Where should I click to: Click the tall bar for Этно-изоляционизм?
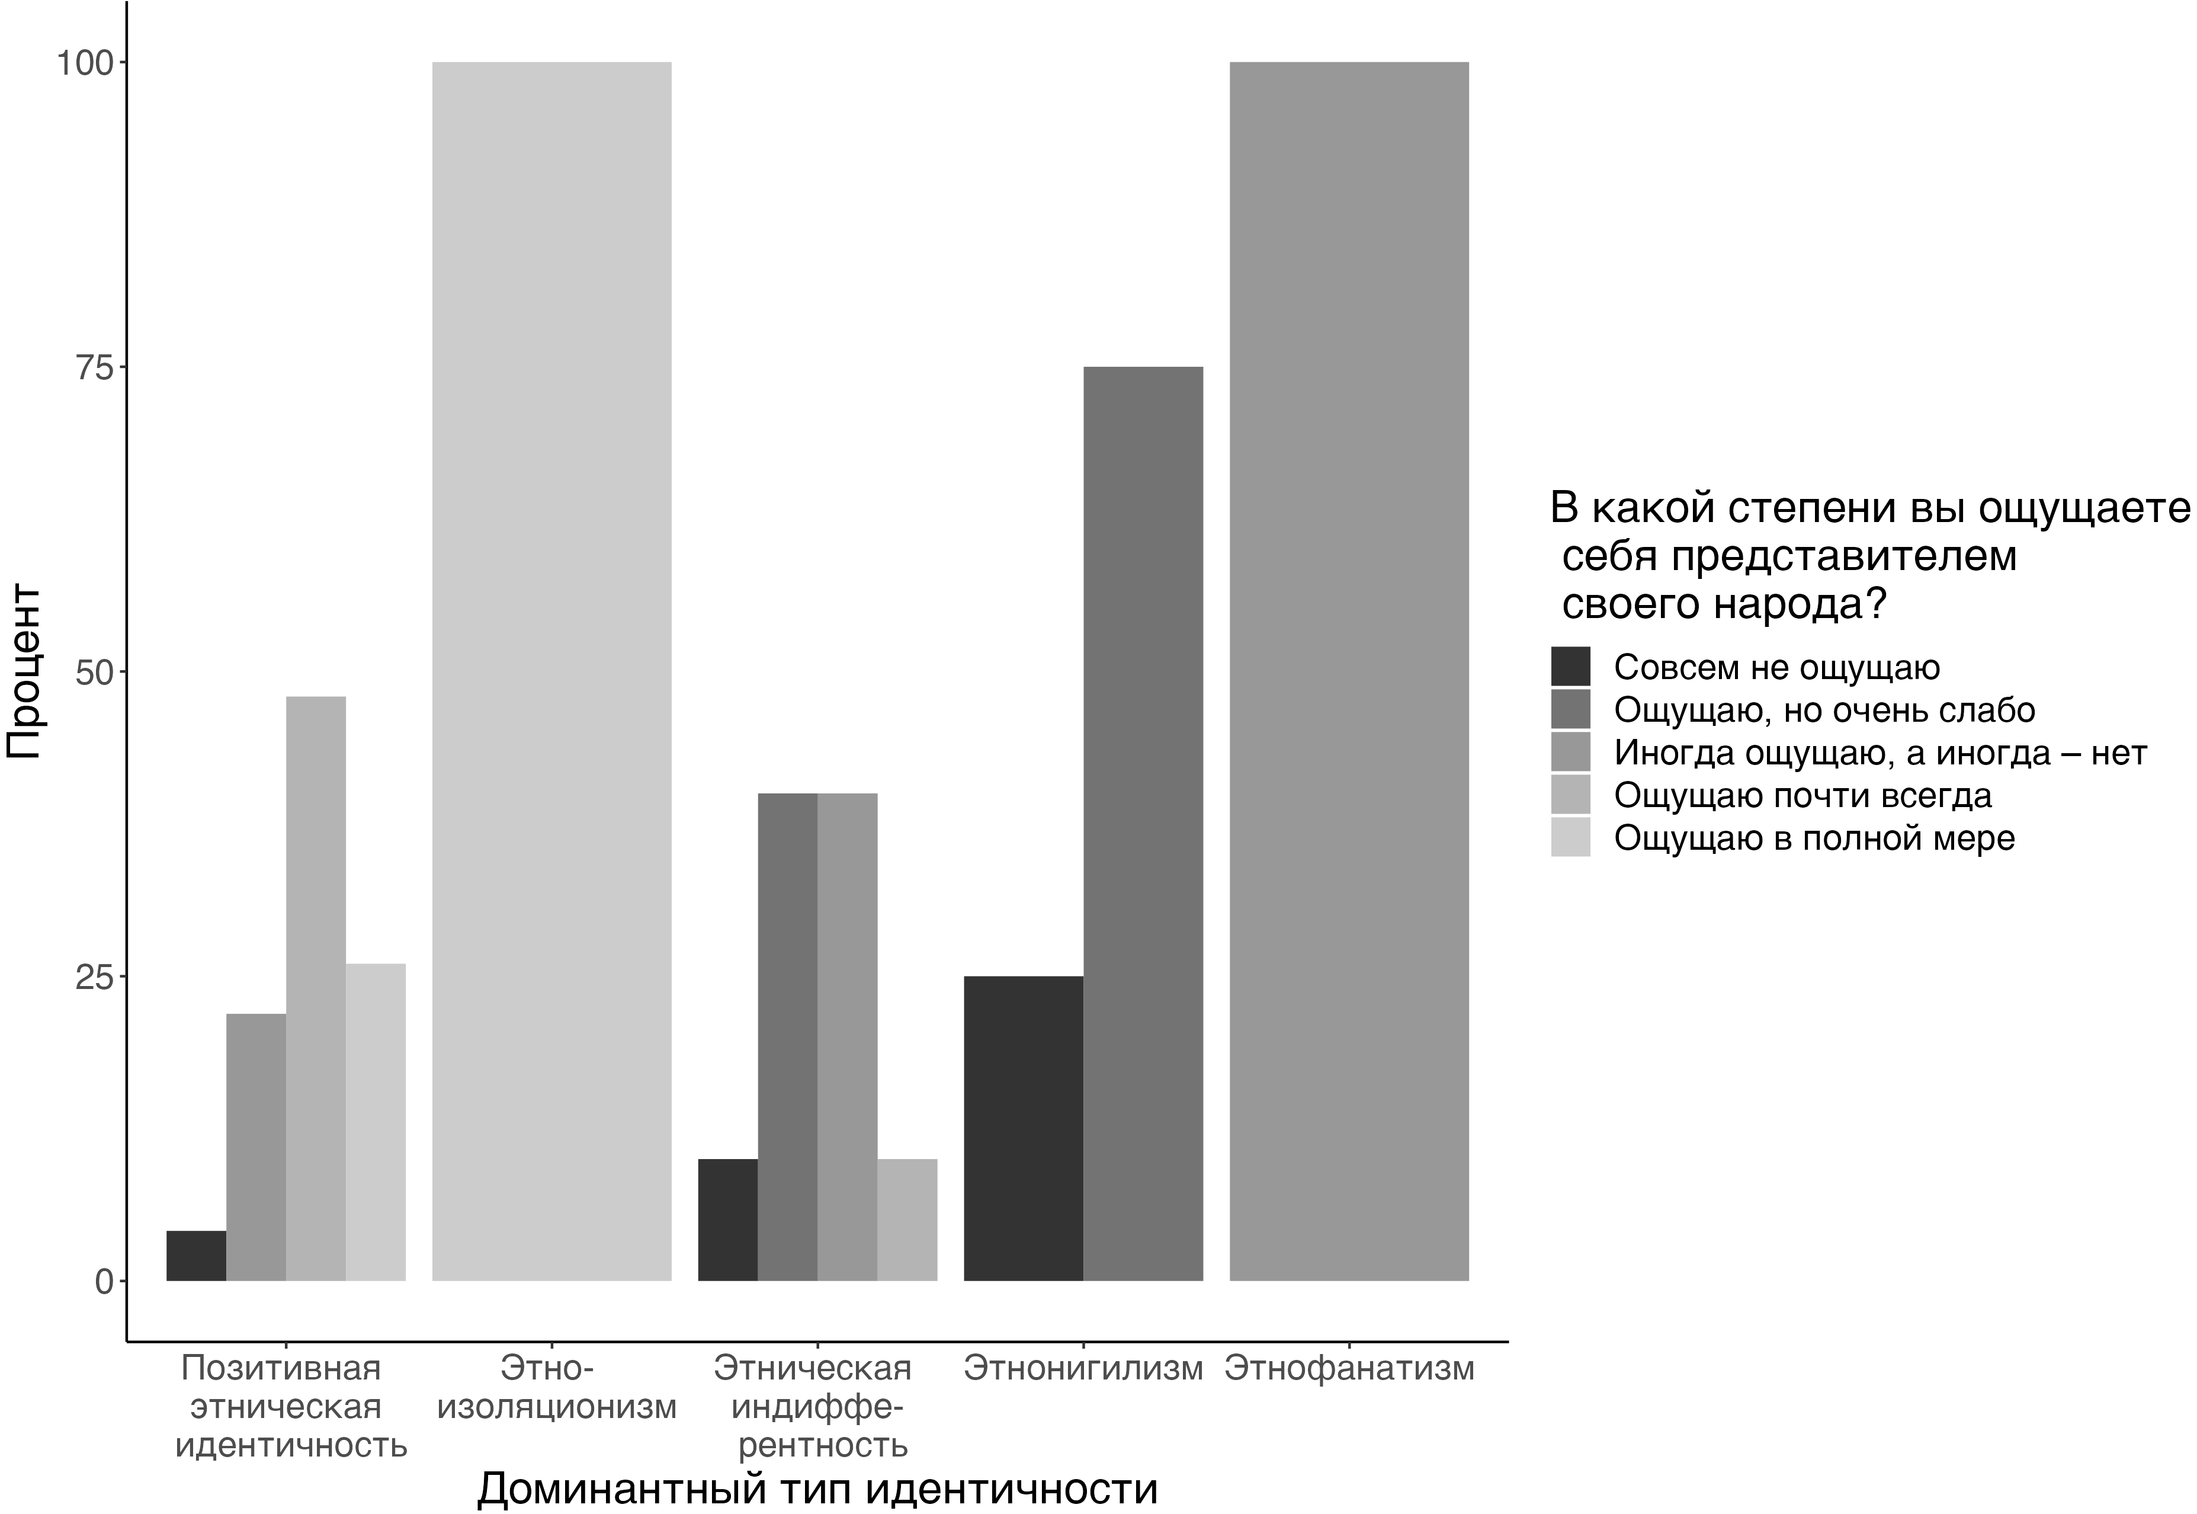(552, 671)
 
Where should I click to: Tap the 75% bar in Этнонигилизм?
(1143, 824)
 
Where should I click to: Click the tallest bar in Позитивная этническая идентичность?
(316, 988)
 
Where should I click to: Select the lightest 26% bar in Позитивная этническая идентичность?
(376, 1122)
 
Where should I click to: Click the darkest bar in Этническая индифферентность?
(727, 1220)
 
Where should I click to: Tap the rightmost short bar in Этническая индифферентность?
(907, 1220)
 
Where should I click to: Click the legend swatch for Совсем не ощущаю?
(1570, 667)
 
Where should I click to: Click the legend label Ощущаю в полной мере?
(1814, 838)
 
